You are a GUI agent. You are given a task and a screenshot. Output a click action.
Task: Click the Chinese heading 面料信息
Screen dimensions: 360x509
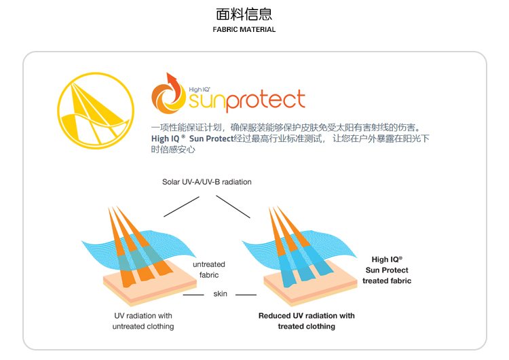pos(244,14)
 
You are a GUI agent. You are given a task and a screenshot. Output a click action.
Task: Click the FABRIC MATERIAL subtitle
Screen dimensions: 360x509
pos(244,30)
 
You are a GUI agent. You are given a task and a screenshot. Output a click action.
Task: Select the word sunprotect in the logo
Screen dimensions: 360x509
pos(247,101)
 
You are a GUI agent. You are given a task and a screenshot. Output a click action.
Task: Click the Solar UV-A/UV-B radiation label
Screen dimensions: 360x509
pos(207,182)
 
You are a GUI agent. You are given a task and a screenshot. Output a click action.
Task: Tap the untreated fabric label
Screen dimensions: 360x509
pos(208,270)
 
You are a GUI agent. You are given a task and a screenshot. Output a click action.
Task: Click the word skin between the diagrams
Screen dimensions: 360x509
pos(221,294)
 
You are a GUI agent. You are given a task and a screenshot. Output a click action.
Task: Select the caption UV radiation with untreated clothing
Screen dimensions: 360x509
pos(143,321)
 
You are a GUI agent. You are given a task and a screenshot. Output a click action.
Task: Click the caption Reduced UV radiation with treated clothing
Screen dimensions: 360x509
pos(306,321)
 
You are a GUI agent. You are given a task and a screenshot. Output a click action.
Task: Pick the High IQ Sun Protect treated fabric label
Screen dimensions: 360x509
pos(387,270)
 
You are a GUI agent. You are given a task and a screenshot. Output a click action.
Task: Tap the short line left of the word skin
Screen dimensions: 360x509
pos(194,295)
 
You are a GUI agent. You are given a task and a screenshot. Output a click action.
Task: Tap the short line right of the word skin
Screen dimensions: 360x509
pos(245,295)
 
